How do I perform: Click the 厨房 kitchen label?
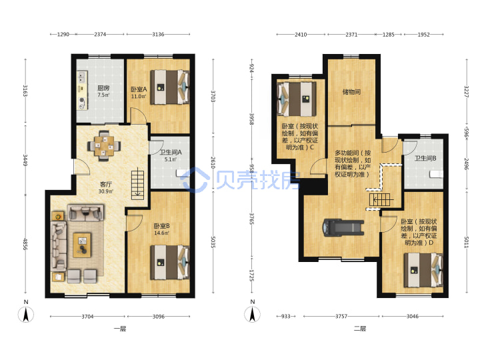click(103, 88)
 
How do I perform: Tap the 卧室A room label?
click(139, 89)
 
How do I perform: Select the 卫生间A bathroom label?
click(171, 152)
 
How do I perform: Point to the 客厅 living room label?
click(105, 184)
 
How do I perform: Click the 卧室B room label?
click(161, 226)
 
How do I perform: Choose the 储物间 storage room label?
click(351, 91)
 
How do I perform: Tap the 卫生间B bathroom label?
click(425, 158)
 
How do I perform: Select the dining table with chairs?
click(104, 145)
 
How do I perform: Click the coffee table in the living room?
click(82, 245)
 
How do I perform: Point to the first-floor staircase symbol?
click(137, 183)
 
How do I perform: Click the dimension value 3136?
click(158, 34)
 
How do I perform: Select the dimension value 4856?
click(26, 244)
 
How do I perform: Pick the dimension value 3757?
click(341, 316)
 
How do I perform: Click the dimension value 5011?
click(467, 242)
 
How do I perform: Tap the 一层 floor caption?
click(120, 329)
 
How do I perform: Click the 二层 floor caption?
click(360, 329)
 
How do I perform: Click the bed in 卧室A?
click(169, 87)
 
